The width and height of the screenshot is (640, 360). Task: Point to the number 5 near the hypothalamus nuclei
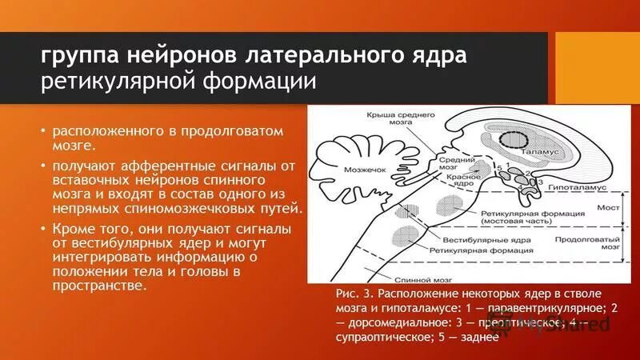click(x=499, y=166)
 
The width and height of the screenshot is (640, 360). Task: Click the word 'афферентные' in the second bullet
click(x=150, y=166)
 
